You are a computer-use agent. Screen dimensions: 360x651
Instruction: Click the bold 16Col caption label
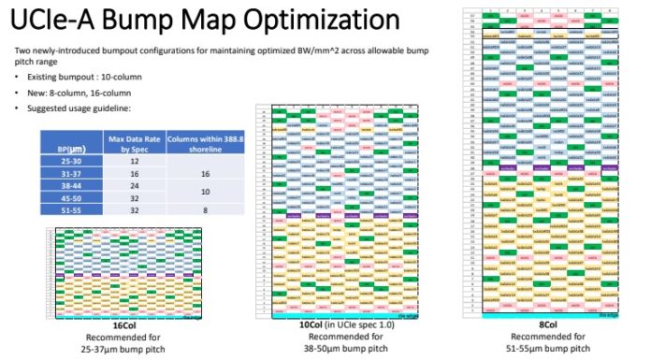pyautogui.click(x=125, y=325)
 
